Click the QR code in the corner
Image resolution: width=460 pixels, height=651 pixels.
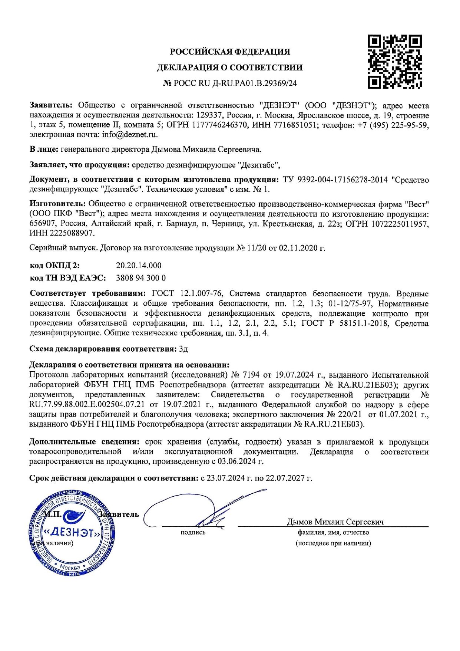click(394, 62)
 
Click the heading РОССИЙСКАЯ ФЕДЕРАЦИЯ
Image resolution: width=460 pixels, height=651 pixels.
click(230, 52)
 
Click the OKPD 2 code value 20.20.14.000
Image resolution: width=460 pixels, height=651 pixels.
click(139, 265)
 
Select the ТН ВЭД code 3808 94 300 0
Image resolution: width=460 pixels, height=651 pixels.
click(141, 277)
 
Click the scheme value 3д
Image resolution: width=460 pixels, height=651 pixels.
click(183, 349)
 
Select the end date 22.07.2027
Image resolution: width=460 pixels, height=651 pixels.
click(284, 478)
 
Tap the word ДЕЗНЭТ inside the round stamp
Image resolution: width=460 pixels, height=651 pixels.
click(72, 533)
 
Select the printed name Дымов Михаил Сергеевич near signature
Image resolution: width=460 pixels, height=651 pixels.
click(335, 522)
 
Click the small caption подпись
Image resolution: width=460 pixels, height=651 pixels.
click(193, 532)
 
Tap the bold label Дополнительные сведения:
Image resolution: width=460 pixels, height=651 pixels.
click(84, 442)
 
